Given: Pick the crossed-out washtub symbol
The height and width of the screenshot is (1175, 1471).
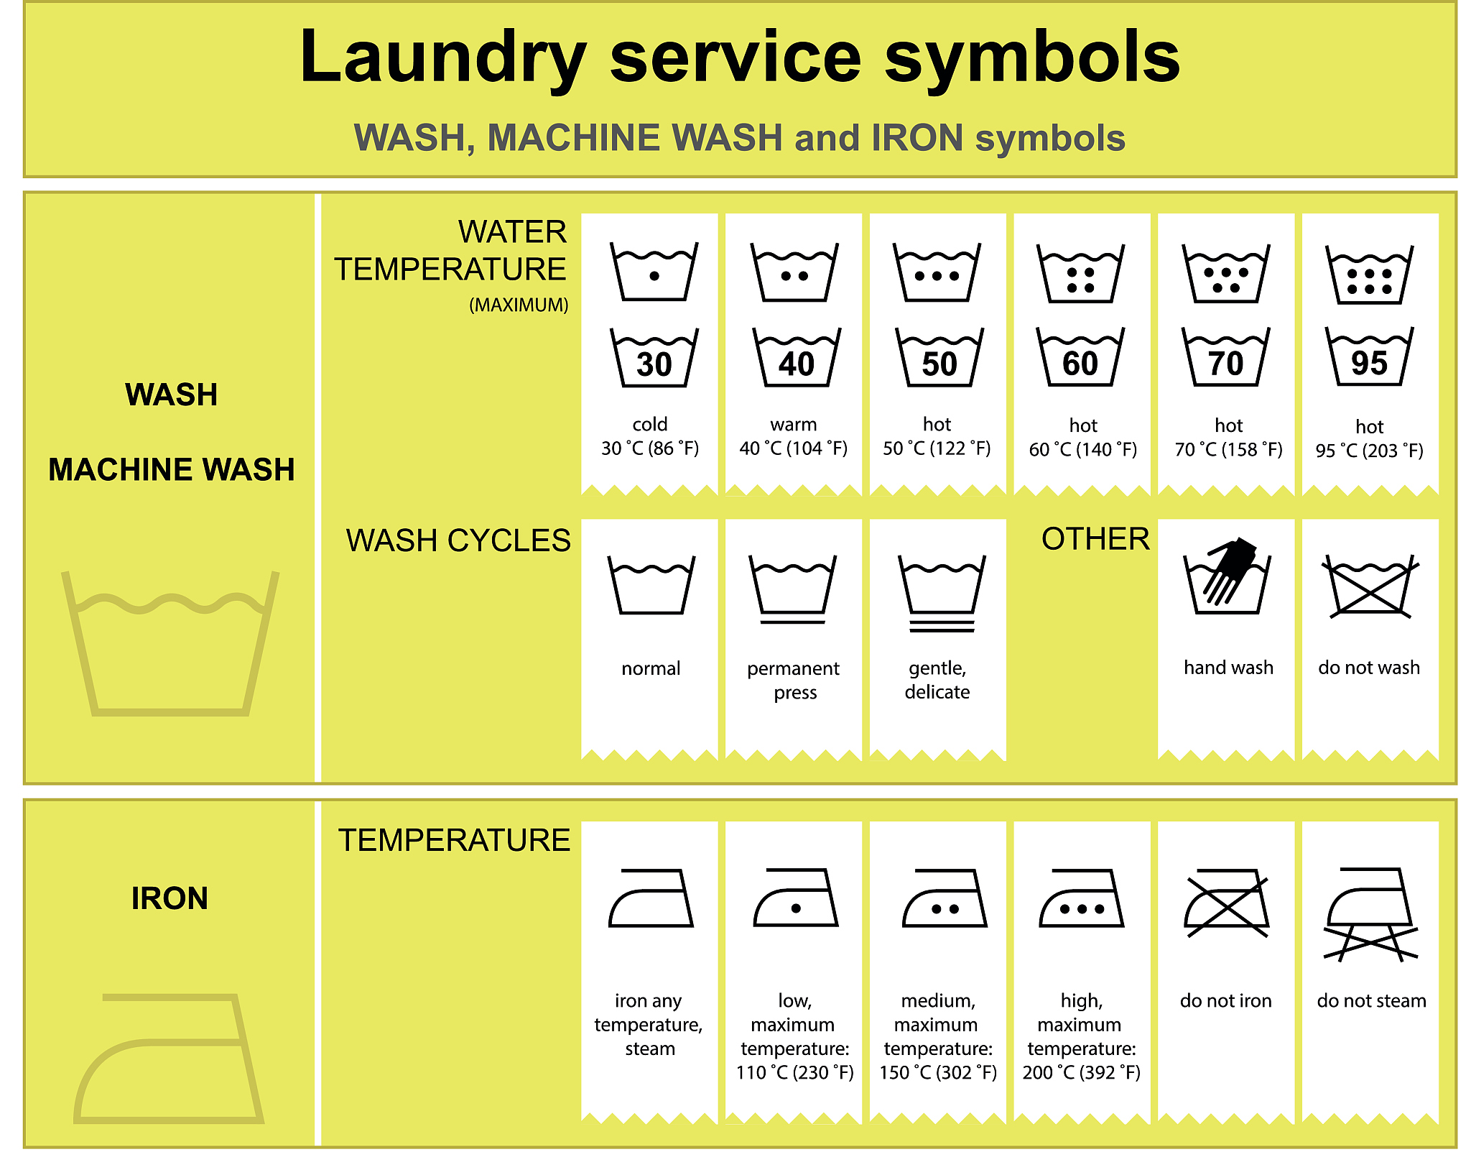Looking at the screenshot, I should (x=1370, y=586).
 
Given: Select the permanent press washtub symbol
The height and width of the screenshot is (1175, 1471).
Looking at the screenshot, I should (x=793, y=589).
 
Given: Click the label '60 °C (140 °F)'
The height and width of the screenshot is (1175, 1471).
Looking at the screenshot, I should (x=1082, y=450).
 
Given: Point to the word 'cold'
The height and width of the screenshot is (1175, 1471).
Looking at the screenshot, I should (x=650, y=424).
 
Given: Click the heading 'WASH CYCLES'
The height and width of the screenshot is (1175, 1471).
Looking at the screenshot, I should (x=458, y=540).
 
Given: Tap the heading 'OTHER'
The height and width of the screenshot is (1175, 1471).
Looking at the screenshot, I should (x=1095, y=539).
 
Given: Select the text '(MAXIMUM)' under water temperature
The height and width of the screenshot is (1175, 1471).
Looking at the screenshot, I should (x=519, y=305).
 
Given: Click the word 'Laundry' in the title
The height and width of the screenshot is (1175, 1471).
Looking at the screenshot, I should (x=442, y=57).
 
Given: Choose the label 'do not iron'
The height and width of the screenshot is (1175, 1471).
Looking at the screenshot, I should (x=1225, y=1000).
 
